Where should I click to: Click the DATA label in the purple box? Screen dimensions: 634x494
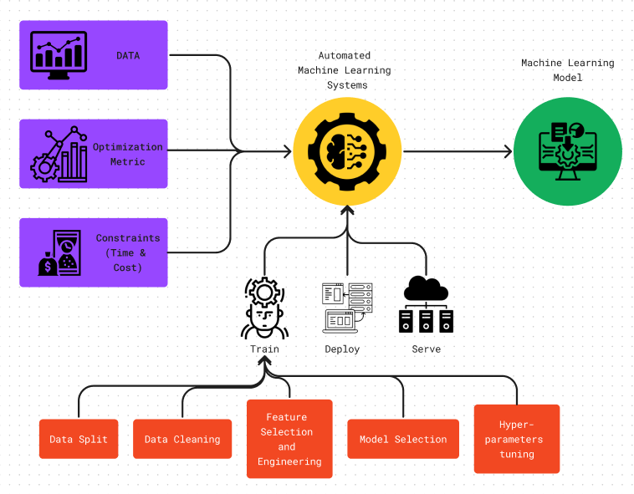[x=128, y=55]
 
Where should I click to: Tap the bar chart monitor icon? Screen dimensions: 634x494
[x=59, y=55]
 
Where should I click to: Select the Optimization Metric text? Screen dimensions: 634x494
[x=128, y=155]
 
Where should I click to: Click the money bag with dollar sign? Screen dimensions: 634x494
[x=48, y=264]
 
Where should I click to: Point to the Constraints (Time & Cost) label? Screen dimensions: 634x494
[x=128, y=253]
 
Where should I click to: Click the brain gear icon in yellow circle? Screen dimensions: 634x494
[x=347, y=151]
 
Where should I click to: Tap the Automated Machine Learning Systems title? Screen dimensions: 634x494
[x=345, y=70]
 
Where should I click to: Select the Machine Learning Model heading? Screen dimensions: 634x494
[x=568, y=70]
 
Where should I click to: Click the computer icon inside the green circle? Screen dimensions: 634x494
[x=568, y=151]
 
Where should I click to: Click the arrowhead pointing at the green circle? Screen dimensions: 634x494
[x=509, y=151]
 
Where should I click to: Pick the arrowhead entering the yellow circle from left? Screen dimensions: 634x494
[x=288, y=151]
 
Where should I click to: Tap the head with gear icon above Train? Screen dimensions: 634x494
[x=264, y=308]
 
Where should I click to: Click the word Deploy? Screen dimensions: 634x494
[x=342, y=349]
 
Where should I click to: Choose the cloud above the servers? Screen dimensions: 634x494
[x=426, y=288]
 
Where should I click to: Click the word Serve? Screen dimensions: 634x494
[x=427, y=349]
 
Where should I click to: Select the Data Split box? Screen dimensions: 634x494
[x=79, y=439]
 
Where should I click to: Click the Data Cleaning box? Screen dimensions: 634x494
[x=182, y=439]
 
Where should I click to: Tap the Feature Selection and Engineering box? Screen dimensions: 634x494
[x=289, y=439]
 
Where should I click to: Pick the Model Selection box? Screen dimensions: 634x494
[x=403, y=439]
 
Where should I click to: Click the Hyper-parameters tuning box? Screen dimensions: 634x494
[x=517, y=439]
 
